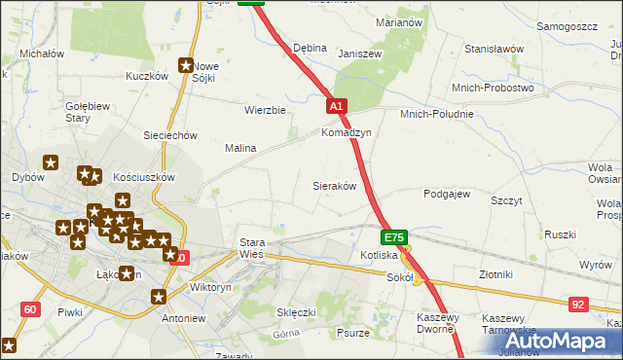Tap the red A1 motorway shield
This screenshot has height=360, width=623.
(336, 106)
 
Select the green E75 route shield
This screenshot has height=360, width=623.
(393, 236)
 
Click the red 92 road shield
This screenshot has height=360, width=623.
(578, 305)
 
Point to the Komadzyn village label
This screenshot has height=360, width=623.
(347, 132)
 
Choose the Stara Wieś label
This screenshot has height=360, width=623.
(251, 248)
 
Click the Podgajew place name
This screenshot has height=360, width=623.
(447, 194)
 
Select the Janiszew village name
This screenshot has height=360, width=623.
(357, 54)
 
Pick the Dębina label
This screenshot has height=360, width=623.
(310, 48)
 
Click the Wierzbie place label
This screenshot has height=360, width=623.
(265, 110)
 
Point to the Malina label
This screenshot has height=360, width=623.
(240, 148)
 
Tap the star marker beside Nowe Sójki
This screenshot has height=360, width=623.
(185, 66)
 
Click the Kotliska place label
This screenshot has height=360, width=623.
(378, 255)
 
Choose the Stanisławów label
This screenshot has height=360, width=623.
(495, 49)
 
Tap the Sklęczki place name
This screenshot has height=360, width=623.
(296, 312)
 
